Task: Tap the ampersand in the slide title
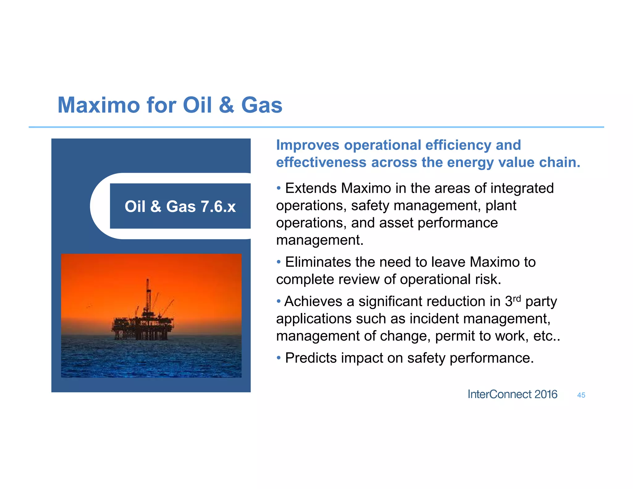[x=227, y=105]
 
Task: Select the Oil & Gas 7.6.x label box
[x=180, y=206]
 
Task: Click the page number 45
[x=581, y=395]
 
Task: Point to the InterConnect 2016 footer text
[x=512, y=394]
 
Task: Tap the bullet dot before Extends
[x=279, y=188]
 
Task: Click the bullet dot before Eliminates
[x=279, y=262]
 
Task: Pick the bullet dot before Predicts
[x=279, y=357]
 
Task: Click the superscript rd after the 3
[x=517, y=299]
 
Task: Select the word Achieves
[x=313, y=301]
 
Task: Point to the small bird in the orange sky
[x=89, y=306]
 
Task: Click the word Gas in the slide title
[x=261, y=105]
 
